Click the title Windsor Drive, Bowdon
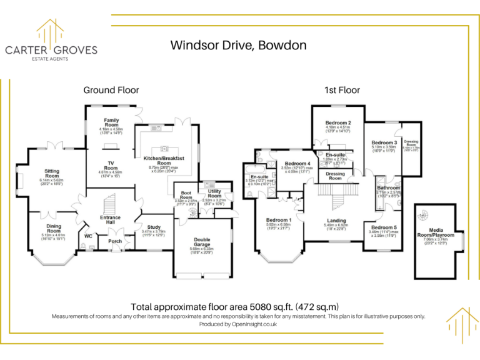pyautogui.click(x=239, y=45)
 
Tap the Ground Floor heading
pyautogui.click(x=111, y=90)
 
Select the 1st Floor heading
pyautogui.click(x=340, y=90)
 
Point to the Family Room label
pyautogui.click(x=111, y=120)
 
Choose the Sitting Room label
pyautogui.click(x=52, y=173)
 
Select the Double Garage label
pyautogui.click(x=202, y=240)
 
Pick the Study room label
pyautogui.click(x=154, y=227)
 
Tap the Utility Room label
pyautogui.click(x=215, y=194)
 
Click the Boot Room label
pyautogui.click(x=186, y=195)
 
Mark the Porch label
pyautogui.click(x=115, y=241)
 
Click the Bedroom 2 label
pyautogui.click(x=338, y=122)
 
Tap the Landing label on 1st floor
pyautogui.click(x=337, y=221)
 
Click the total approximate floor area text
pyautogui.click(x=235, y=307)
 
